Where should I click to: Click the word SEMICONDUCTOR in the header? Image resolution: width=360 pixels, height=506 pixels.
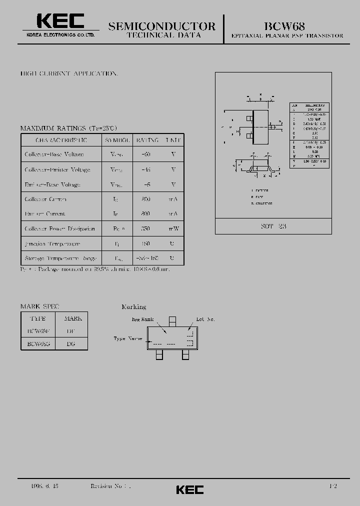point(162,26)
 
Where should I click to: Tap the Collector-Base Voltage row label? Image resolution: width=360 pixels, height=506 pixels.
point(54,154)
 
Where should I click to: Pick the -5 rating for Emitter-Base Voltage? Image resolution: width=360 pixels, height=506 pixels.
point(146,184)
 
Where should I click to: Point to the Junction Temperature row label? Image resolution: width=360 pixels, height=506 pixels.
point(52,243)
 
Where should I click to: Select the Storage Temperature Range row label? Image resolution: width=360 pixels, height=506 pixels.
point(60,258)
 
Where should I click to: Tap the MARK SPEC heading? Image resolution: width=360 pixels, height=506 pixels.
point(39,306)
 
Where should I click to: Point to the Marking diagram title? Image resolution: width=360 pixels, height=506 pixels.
point(134,306)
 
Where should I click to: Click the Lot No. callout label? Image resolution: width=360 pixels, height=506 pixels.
point(205,318)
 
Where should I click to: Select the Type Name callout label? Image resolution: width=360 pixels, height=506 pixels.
point(127,338)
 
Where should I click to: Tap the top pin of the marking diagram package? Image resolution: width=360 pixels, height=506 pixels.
point(172,321)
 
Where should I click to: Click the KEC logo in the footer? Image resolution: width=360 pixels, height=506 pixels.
point(189,490)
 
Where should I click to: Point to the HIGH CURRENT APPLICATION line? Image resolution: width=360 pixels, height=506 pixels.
point(68,73)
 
